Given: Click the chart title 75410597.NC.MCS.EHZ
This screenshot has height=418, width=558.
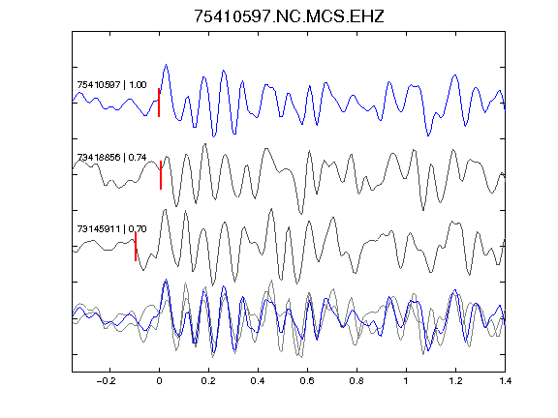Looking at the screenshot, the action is [289, 16].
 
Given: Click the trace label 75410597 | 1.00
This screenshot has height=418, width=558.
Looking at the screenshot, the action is [111, 85].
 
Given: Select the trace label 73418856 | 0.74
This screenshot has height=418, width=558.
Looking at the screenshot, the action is [111, 157].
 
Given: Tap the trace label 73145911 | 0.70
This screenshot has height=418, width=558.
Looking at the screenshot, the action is [111, 229].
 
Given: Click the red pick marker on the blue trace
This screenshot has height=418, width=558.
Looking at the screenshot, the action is [159, 103].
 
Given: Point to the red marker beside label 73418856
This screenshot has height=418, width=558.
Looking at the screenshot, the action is [161, 175].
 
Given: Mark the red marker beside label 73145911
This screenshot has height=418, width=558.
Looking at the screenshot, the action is [136, 247].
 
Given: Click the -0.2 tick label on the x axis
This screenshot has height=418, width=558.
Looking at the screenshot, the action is [106, 381].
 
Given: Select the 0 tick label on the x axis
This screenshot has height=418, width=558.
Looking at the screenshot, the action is [159, 381].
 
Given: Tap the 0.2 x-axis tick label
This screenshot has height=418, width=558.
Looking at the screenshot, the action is [208, 381].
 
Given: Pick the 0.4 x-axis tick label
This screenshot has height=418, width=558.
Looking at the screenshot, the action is [258, 381].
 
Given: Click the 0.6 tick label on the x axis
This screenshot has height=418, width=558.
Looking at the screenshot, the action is [307, 381].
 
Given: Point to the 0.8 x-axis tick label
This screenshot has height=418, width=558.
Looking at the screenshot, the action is [356, 381].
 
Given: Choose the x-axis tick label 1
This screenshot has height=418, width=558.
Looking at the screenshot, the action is [406, 381].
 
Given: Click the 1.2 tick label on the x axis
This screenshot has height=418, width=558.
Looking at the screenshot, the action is [455, 381].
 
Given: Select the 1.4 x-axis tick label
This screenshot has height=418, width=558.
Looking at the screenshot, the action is [505, 381].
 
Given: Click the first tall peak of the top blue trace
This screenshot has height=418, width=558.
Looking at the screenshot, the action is [166, 65].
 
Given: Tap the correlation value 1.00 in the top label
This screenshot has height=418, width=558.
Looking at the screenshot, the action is [138, 85].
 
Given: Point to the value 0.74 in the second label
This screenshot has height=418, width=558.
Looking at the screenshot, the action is [138, 157].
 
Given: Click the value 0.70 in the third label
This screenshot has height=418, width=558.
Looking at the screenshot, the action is [138, 229].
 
